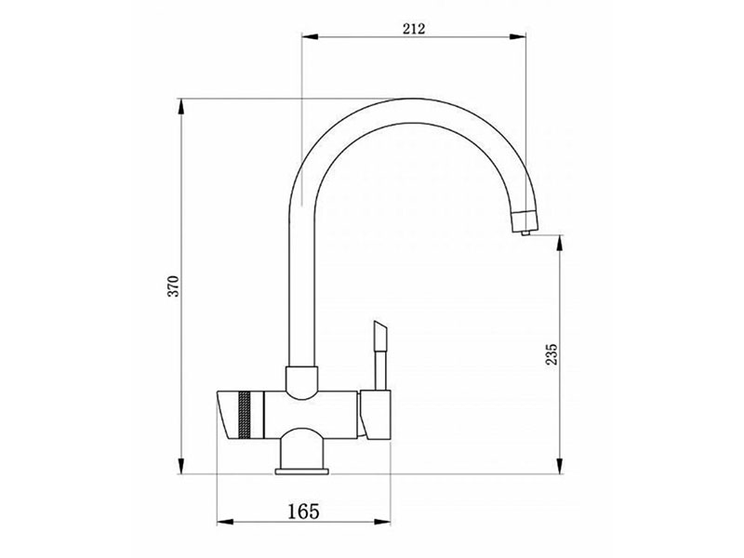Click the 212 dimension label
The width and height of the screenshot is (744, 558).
click(414, 29)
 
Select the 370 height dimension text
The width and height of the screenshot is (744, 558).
click(175, 286)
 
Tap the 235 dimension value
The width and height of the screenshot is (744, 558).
click(552, 354)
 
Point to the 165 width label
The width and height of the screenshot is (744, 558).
click(304, 511)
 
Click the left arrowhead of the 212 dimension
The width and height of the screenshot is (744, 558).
click(311, 36)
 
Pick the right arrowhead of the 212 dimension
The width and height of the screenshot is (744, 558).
click(518, 36)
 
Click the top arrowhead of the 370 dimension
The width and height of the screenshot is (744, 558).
click(180, 106)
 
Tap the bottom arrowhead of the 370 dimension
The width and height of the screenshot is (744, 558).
click(180, 466)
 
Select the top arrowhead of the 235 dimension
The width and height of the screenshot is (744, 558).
click(561, 244)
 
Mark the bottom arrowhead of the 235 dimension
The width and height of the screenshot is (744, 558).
click(561, 466)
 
